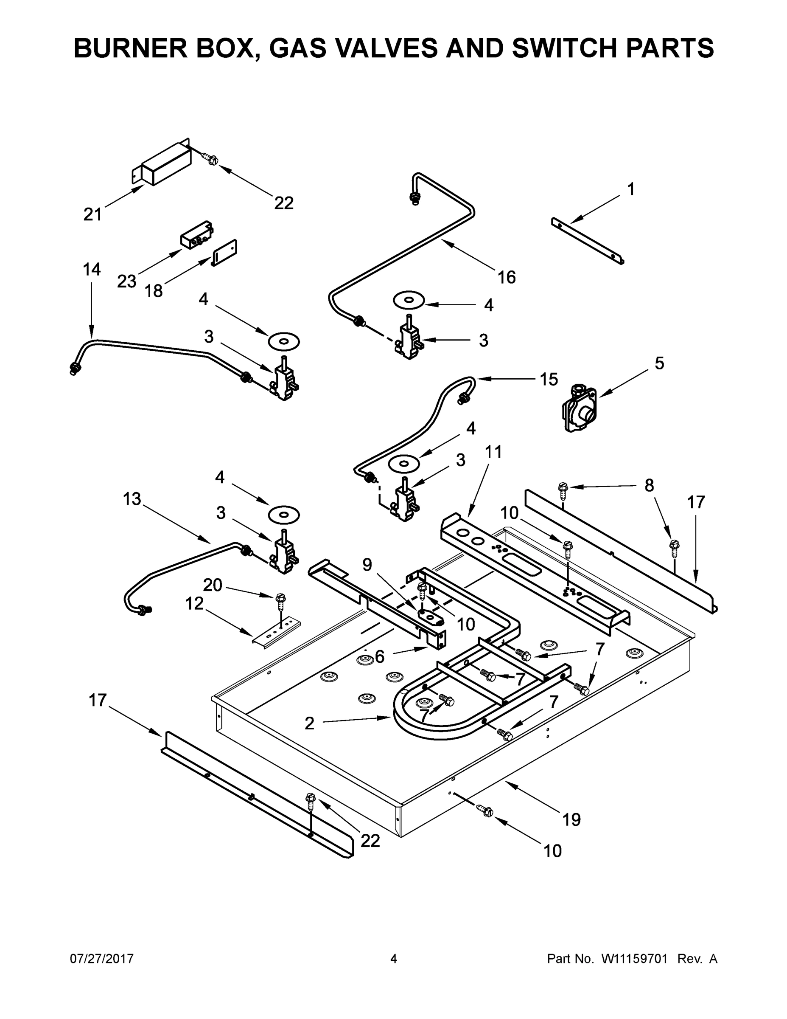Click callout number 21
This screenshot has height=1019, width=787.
click(x=92, y=214)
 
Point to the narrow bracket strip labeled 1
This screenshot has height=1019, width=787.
click(x=588, y=242)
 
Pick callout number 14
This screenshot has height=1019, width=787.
click(x=91, y=269)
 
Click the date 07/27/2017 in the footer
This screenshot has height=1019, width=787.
click(x=102, y=958)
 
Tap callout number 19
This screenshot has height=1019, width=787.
click(x=571, y=819)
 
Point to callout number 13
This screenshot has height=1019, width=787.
click(x=132, y=499)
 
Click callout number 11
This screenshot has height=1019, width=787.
click(x=493, y=452)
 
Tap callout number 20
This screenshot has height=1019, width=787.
click(x=213, y=585)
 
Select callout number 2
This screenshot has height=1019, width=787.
click(x=310, y=723)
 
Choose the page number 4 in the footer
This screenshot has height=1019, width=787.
click(x=394, y=958)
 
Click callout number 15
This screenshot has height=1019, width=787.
click(x=548, y=379)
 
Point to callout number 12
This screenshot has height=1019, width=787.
click(x=194, y=603)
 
